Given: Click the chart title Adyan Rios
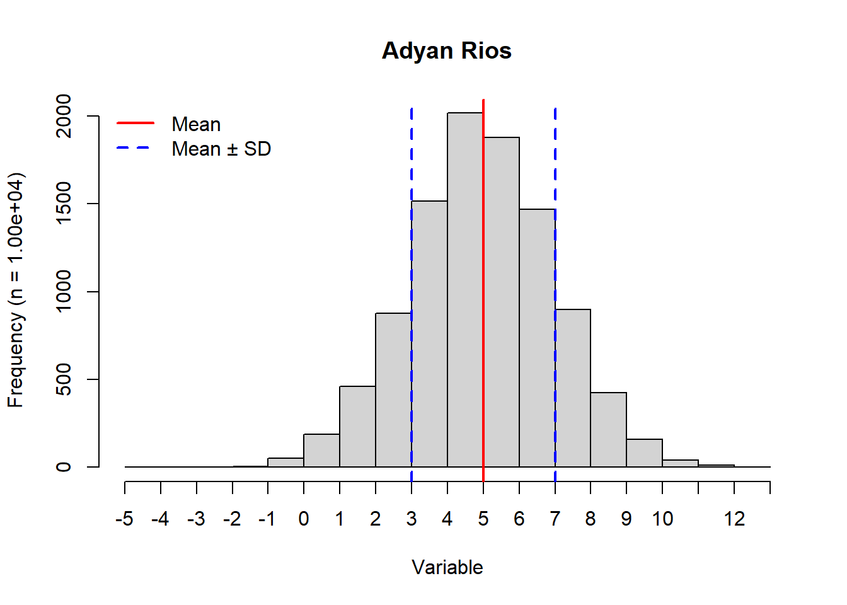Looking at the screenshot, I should [x=446, y=51].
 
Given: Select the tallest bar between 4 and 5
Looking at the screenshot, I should [x=465, y=290].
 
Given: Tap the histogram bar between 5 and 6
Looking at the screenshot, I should [x=502, y=302].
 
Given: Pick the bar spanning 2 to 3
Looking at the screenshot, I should [x=393, y=391].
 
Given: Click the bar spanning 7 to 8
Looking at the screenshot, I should [x=573, y=388].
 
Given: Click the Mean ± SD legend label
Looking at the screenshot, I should [x=221, y=149].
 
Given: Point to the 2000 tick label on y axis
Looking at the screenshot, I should [x=64, y=116].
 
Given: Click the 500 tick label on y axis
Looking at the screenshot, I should [x=64, y=379].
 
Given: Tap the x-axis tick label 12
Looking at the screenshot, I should [x=734, y=519].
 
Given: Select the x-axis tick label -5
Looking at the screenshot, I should [x=125, y=519].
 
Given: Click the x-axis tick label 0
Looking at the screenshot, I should [x=304, y=519].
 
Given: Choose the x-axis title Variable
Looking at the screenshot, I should [x=447, y=568].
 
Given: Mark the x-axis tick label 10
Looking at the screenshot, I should [x=662, y=519].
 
